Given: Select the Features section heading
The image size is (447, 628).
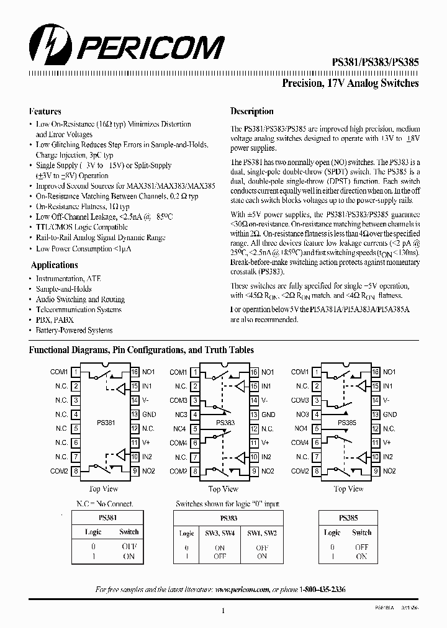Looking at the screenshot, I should pos(45,112).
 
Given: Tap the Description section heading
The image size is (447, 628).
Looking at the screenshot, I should pos(251,112).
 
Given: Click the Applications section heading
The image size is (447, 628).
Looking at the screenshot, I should pos(54,265).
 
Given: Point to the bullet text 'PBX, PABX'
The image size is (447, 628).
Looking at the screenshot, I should pos(54,320).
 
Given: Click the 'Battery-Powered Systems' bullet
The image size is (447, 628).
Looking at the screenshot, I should pos(74,330).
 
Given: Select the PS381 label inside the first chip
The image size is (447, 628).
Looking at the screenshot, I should pos(106,422).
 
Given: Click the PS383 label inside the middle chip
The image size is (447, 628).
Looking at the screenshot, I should pos(225,422).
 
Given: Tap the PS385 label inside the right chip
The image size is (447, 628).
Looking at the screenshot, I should pos(347,422).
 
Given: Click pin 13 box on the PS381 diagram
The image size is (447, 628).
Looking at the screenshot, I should pos(134,415).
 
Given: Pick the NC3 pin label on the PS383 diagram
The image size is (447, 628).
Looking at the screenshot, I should pos(180,415).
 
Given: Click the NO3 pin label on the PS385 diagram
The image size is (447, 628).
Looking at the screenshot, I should pos(302,415).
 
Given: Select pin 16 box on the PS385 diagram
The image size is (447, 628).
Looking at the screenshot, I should pos(376,372).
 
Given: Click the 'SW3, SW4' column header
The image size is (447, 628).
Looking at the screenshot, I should pos(220,533).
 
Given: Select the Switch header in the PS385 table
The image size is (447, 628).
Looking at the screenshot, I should pos(361,532).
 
